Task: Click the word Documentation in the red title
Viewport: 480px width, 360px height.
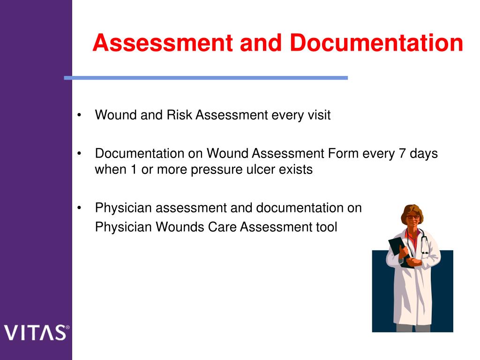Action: (376, 43)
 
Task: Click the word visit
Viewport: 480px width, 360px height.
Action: (319, 115)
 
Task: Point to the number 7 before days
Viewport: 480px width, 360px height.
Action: (403, 153)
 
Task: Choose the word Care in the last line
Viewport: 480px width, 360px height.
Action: (222, 227)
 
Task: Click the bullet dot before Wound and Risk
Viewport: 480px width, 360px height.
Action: (81, 115)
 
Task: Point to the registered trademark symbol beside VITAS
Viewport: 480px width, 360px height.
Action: (67, 327)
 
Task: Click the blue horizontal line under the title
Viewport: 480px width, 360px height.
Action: (206, 78)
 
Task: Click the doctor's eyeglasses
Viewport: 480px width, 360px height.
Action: (412, 217)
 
